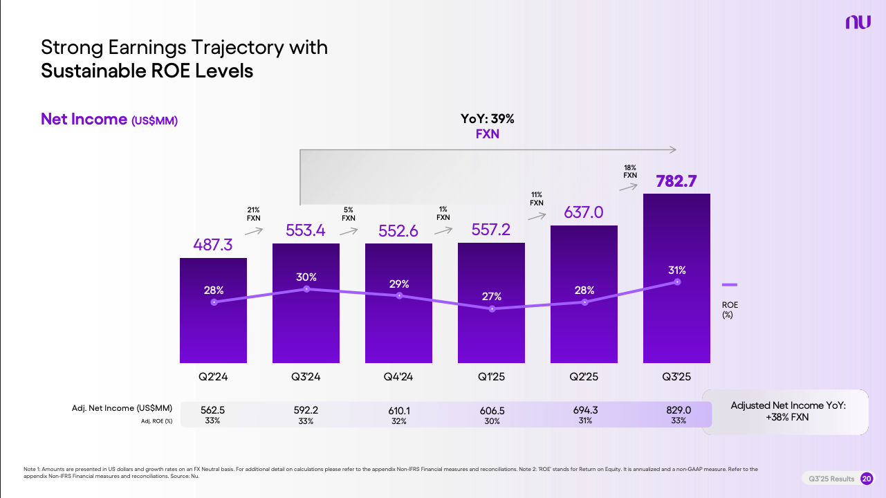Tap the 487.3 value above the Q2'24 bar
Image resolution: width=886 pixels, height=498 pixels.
(213, 246)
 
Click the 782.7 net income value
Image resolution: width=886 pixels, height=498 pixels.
(676, 182)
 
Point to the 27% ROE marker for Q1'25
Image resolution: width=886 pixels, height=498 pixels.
(492, 308)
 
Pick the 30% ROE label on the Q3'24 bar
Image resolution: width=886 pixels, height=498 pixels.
(306, 277)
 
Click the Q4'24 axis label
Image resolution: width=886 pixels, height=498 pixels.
(398, 377)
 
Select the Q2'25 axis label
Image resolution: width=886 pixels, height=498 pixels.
(584, 377)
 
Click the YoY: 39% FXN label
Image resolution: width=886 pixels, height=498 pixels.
(487, 127)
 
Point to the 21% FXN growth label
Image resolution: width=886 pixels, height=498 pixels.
(254, 214)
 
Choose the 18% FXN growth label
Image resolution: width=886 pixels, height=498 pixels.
(629, 172)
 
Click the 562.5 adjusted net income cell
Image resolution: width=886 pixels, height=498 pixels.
(212, 410)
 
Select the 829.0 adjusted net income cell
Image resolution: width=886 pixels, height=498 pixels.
(676, 410)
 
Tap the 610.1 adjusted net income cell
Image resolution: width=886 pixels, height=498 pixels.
(398, 410)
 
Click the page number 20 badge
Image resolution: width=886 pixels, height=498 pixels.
(866, 479)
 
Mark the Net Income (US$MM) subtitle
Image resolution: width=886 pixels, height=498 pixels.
(109, 120)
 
